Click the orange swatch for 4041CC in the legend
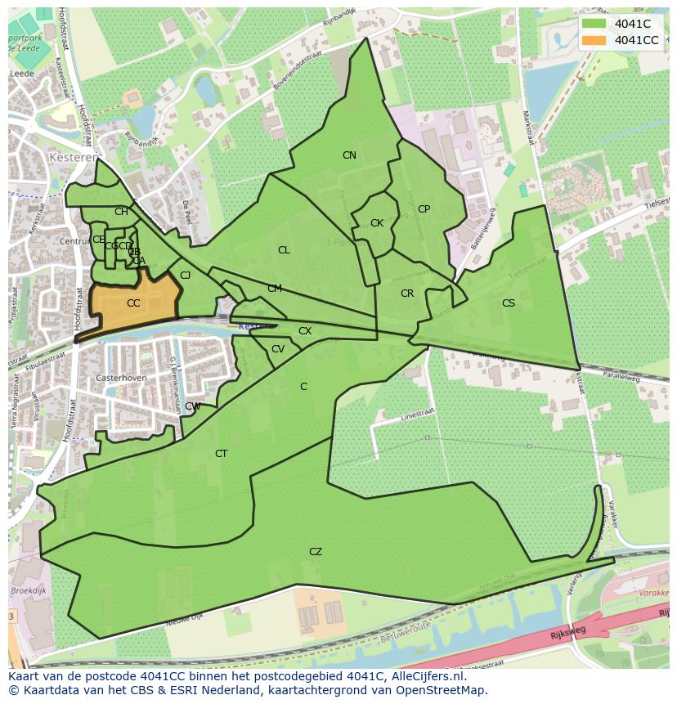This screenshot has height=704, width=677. [x=594, y=40]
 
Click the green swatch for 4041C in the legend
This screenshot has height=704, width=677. [x=594, y=24]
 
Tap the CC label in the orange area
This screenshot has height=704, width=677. [x=133, y=303]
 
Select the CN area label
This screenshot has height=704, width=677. [x=349, y=155]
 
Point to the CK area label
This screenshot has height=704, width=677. [x=377, y=223]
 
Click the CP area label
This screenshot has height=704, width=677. [x=424, y=209]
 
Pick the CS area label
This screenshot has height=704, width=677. [x=509, y=303]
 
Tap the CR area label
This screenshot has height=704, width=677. [x=407, y=294]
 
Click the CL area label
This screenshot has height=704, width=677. [x=284, y=250]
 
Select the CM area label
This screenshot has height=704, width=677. [x=275, y=289]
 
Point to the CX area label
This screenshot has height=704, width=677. [x=305, y=331]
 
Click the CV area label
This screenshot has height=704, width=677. [x=278, y=349]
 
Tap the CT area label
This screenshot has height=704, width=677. [x=221, y=454]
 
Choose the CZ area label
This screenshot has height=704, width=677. [x=316, y=552]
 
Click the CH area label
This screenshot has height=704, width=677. [x=121, y=212]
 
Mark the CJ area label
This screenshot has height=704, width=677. [x=186, y=276]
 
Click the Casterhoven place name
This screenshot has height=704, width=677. [x=119, y=379]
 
